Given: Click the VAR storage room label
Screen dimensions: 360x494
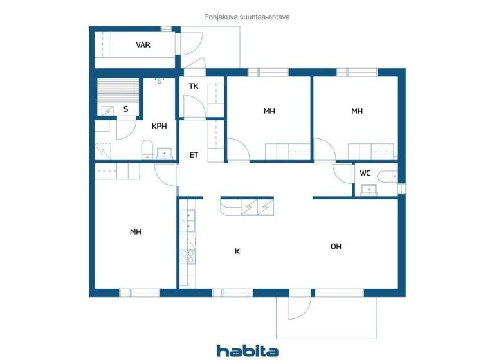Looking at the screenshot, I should [143, 45].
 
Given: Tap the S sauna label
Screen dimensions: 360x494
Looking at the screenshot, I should [125, 109].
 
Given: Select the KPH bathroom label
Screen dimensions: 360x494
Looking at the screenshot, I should [159, 126].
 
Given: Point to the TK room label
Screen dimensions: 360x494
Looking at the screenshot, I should [193, 86].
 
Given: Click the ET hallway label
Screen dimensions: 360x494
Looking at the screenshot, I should [194, 155].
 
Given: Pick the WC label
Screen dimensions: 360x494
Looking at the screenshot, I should [365, 173].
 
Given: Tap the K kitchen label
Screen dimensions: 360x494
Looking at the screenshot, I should [237, 251].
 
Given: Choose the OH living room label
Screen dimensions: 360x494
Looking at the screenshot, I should [336, 246].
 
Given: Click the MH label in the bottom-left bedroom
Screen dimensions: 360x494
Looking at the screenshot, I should [135, 232].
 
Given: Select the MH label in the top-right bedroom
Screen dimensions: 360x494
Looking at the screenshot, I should [357, 111].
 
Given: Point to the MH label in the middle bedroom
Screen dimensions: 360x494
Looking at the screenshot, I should [269, 111].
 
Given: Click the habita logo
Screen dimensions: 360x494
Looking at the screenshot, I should [247, 350].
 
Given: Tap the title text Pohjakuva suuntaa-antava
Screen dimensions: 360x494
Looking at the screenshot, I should [247, 17].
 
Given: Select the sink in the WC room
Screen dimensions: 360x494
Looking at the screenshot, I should [369, 189].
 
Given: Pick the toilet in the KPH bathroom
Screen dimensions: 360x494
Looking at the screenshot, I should [147, 152].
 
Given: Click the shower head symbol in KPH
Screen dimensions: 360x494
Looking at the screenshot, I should [159, 81].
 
